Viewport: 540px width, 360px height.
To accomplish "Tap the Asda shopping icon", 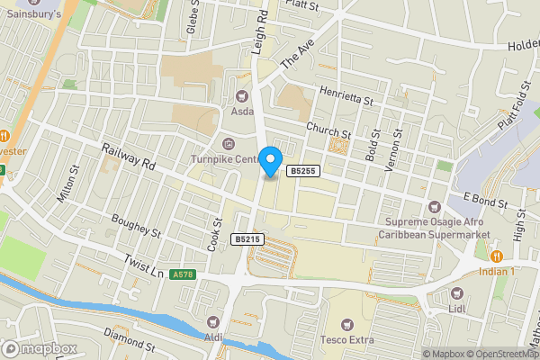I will (x=241, y=95).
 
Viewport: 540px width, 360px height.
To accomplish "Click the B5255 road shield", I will (x=302, y=171).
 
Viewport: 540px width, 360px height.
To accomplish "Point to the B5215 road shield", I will (x=247, y=238).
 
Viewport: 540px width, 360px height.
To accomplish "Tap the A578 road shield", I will (x=183, y=274).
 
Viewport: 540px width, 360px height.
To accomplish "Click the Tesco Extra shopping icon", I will (x=347, y=323).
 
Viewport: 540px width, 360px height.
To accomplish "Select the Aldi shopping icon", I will (x=212, y=321).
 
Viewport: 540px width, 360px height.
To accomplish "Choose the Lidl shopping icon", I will (x=456, y=293).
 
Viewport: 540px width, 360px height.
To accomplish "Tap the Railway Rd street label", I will (x=129, y=159).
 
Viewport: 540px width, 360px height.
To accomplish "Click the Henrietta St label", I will (x=346, y=94).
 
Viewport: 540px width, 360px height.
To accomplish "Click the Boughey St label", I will (x=136, y=225).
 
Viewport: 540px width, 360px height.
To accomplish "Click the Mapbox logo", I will (x=40, y=348).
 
